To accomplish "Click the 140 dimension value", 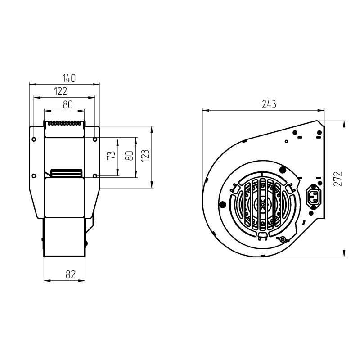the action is tap(69, 78).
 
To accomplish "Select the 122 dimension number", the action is tap(61, 91).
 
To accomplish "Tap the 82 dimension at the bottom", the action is tap(71, 274).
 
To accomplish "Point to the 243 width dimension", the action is tap(269, 104).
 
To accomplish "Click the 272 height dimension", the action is tap(338, 178).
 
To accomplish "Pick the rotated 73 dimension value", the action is tap(111, 155).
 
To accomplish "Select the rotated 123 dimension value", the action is tap(145, 156).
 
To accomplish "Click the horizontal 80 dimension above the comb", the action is tap(68, 105).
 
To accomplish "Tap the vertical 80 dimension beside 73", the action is tap(129, 156).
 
